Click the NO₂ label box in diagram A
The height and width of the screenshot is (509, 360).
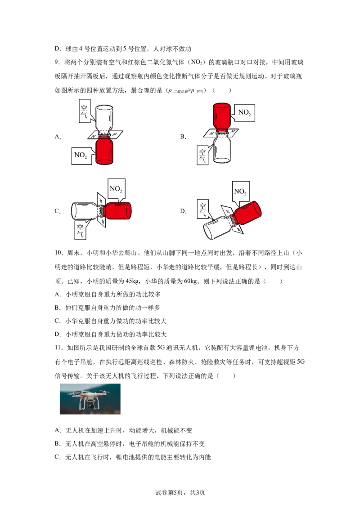click(x=80, y=155)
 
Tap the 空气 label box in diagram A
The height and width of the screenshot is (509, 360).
click(x=84, y=111)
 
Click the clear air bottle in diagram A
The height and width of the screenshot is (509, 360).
click(x=104, y=119)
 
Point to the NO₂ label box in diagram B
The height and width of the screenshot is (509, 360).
click(x=244, y=113)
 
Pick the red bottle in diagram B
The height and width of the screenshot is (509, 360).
click(x=222, y=117)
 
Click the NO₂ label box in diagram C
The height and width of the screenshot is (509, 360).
click(x=116, y=188)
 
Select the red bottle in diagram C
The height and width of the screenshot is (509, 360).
click(x=117, y=211)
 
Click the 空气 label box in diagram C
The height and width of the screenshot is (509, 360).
click(x=80, y=230)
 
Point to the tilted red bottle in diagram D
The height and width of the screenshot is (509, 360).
click(x=247, y=213)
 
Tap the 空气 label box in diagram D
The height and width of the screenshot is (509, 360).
click(x=203, y=210)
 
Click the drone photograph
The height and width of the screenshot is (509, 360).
click(x=90, y=399)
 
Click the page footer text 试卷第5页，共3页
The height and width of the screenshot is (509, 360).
click(x=180, y=492)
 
